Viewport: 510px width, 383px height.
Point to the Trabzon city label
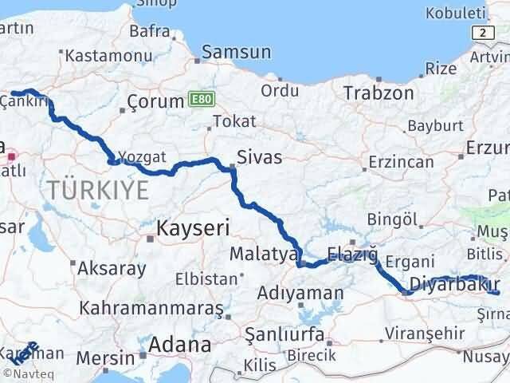click(x=379, y=93)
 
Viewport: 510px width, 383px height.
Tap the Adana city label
click(x=183, y=345)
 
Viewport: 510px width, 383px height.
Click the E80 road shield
click(x=202, y=98)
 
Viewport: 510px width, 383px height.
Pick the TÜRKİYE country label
click(x=98, y=190)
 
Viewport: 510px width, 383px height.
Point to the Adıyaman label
click(x=299, y=293)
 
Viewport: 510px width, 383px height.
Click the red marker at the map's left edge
click(x=11, y=148)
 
